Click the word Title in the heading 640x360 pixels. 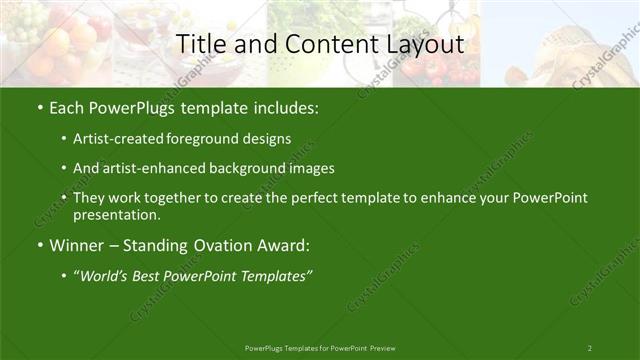coord(197,44)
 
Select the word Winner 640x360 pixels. coord(77,245)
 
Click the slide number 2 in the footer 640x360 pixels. coord(589,347)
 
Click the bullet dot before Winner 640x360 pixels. coord(38,245)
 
